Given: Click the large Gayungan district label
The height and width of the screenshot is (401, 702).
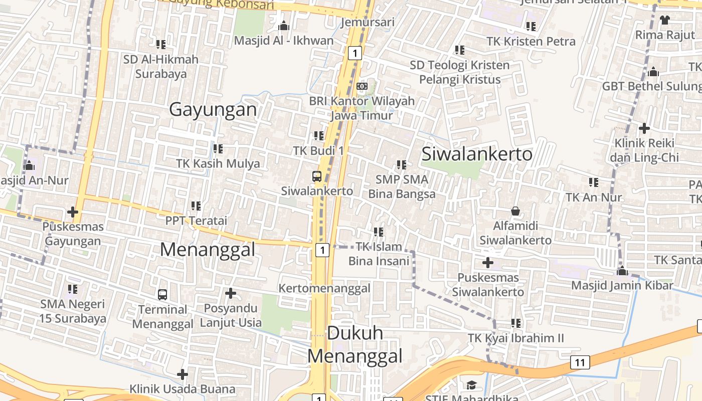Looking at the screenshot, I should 213,109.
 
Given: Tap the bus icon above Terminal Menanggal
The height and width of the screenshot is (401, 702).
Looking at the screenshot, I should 162,294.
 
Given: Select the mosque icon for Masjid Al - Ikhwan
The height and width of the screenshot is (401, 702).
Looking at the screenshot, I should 284,25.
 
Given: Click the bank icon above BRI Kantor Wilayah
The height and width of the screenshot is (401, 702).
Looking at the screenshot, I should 362,86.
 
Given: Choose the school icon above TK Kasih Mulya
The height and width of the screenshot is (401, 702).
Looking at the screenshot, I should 218,149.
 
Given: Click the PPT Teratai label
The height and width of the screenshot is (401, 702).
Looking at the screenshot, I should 196,221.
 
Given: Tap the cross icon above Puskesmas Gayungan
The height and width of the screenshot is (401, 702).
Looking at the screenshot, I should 73,212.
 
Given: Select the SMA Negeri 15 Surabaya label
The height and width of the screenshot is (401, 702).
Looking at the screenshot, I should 73,311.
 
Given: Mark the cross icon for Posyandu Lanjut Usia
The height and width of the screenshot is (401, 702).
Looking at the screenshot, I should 231,293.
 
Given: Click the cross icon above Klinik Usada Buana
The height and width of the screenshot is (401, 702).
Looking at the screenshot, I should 183,374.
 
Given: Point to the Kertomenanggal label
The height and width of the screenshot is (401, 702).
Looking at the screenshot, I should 324,288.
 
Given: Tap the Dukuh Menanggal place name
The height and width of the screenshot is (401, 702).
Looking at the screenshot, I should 355,344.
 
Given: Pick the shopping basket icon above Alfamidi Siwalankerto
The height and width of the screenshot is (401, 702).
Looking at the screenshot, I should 515,211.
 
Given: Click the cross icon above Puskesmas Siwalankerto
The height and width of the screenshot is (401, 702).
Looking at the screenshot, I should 487,263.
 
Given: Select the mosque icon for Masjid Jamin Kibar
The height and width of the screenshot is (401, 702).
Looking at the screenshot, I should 622,271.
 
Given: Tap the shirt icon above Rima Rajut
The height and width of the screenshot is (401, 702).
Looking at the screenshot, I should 665,20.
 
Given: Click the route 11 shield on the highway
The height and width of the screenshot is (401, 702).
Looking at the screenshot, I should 580,362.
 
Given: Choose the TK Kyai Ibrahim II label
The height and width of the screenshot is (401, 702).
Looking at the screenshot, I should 516,338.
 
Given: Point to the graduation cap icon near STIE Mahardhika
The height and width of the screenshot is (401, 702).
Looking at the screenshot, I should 471,385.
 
